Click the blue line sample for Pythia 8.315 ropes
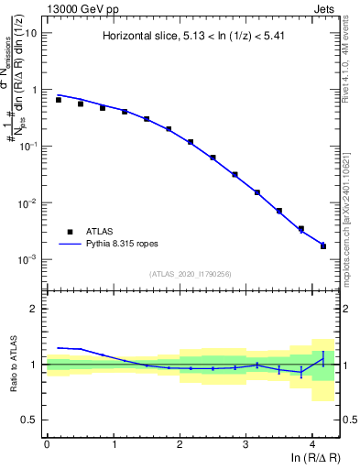pos(71,245)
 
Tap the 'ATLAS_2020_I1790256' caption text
pos(191,273)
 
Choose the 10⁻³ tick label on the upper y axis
pos(27,259)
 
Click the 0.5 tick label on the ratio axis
pos(30,420)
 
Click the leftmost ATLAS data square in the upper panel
pos(59,99)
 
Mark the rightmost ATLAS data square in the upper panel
pos(323,246)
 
